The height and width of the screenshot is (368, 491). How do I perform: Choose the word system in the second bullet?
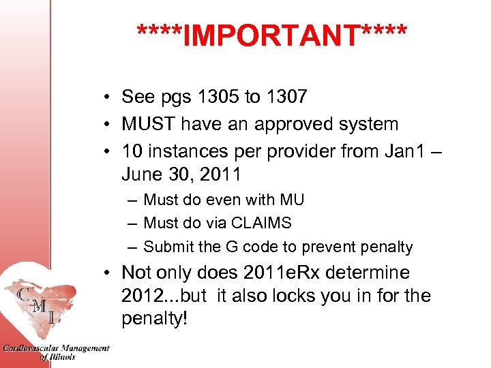click(369, 125)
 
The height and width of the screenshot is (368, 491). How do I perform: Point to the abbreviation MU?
click(292, 200)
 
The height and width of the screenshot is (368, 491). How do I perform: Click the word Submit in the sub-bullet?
click(167, 247)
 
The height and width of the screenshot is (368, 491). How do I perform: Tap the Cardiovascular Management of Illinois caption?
click(56, 352)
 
